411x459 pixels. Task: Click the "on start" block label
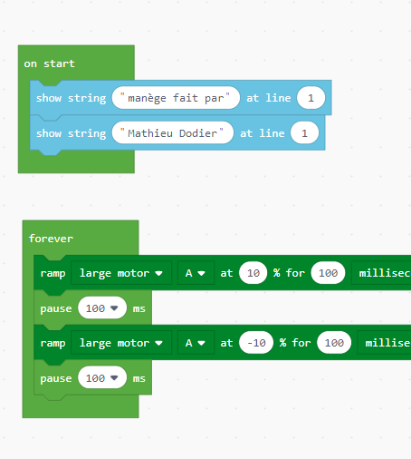(49, 63)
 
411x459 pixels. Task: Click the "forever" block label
(51, 239)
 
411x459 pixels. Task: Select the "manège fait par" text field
(176, 98)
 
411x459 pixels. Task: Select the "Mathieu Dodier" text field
(173, 133)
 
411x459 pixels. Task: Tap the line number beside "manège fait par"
(311, 98)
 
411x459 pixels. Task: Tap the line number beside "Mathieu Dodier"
(304, 133)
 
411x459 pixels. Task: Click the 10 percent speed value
(253, 273)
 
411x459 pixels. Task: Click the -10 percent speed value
(256, 343)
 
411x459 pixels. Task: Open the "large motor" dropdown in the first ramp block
(121, 273)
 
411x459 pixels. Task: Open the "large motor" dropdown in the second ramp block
(121, 343)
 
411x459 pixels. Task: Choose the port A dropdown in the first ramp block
(196, 273)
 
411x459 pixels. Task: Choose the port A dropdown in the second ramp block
(196, 343)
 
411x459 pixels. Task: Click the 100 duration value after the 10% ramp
(328, 273)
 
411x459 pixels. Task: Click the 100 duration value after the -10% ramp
(334, 343)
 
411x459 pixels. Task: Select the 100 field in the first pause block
(102, 308)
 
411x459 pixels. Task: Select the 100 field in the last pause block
(102, 378)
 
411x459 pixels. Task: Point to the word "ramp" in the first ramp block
(53, 274)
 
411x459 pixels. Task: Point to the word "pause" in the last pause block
(56, 378)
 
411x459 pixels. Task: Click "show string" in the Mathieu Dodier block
(72, 133)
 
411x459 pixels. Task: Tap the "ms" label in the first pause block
(139, 308)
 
